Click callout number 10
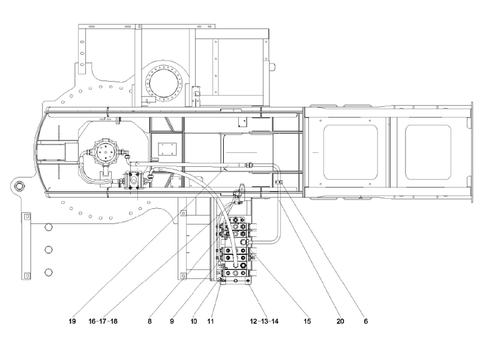click(194, 321)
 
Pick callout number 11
click(211, 321)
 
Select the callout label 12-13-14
click(265, 321)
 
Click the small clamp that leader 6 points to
click(277, 182)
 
